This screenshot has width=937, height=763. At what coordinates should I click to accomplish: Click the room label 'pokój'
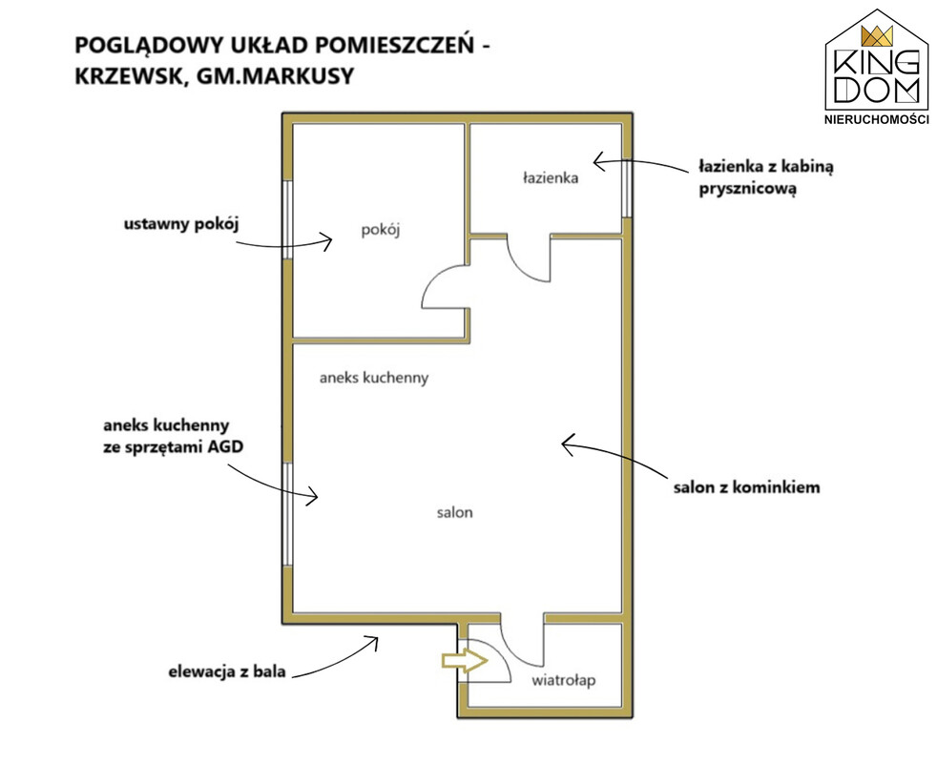(380, 230)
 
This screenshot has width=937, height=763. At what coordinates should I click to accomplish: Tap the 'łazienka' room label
(551, 177)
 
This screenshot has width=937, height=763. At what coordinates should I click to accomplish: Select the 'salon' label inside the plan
(455, 512)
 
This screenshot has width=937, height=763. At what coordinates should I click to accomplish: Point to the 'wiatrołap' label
(564, 681)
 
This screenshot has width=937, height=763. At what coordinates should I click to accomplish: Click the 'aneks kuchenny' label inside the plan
(374, 379)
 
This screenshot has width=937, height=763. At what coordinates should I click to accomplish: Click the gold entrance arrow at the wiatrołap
(465, 660)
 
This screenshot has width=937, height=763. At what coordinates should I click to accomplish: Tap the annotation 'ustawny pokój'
(181, 225)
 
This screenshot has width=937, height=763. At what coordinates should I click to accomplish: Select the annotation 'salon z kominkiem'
(746, 487)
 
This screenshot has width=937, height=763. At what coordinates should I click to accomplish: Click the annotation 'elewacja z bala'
(227, 671)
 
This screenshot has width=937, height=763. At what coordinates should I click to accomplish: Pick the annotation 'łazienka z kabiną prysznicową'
(766, 177)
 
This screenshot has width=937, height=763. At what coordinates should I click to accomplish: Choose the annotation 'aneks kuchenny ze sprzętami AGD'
(174, 436)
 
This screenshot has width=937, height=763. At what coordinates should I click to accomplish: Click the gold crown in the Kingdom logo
(877, 36)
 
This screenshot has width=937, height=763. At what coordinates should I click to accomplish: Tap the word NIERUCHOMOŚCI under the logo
(877, 119)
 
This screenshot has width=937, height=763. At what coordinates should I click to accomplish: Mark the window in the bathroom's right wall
(626, 187)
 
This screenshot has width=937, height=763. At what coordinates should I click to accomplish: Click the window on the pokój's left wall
(288, 219)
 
